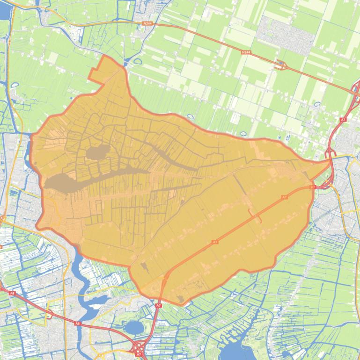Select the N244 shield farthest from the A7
147,23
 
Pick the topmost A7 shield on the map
343,120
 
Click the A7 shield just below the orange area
158,305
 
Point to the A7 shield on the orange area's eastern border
312,187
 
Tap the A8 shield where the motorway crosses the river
78,323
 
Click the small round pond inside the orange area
97,152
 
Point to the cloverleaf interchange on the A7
139,348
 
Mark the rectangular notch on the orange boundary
95,76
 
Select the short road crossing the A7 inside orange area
255,216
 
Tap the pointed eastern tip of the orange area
331,161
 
